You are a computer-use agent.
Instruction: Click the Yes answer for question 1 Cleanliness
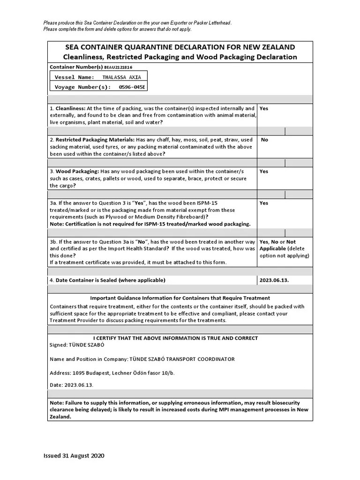click(264, 108)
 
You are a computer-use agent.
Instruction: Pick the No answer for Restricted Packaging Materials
click(264, 140)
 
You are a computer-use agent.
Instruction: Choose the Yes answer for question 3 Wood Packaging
click(264, 172)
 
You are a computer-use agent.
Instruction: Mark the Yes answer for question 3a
click(264, 203)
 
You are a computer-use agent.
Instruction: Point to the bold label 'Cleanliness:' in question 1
click(70, 108)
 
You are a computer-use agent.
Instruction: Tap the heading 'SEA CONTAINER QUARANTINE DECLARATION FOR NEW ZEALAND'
click(180, 47)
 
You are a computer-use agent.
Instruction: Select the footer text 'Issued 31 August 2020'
click(74, 456)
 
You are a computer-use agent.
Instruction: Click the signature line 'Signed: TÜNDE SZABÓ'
click(77, 345)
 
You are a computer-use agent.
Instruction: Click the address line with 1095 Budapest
click(112, 373)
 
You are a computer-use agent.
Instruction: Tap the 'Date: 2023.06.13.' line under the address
click(72, 385)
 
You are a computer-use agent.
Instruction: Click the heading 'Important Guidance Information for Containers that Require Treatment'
click(180, 298)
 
